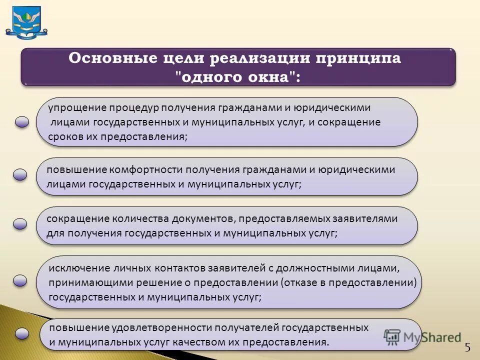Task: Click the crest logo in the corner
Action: (26, 22)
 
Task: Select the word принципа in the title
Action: (359, 58)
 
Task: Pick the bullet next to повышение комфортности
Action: (20, 174)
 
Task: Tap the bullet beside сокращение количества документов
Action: (20, 223)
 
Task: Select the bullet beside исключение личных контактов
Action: (20, 280)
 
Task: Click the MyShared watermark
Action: (422, 337)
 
